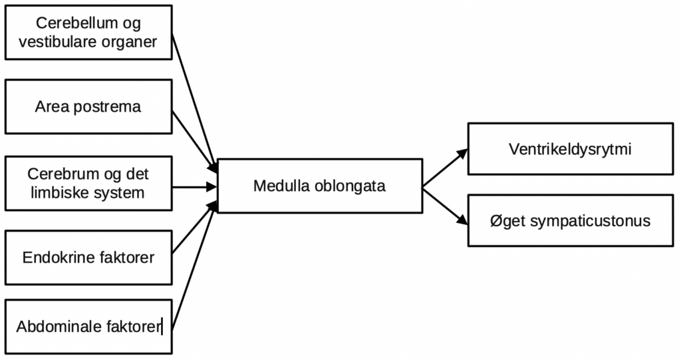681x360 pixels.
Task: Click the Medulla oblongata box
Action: coord(320,186)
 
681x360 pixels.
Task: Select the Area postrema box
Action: coord(88,106)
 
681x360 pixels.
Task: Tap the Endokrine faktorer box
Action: coord(88,256)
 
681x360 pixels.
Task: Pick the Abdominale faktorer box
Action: coord(88,327)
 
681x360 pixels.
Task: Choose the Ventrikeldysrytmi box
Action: coord(570,149)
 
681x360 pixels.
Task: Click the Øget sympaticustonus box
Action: coord(570,221)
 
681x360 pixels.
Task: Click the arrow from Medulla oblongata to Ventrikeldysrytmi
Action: coord(446,168)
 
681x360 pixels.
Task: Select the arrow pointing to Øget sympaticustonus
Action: coord(446,205)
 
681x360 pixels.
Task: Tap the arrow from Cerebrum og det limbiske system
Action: coord(194,186)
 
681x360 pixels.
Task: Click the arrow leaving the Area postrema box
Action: coord(194,140)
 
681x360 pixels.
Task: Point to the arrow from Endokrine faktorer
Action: coord(194,226)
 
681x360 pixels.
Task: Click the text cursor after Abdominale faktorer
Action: coord(163,327)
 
